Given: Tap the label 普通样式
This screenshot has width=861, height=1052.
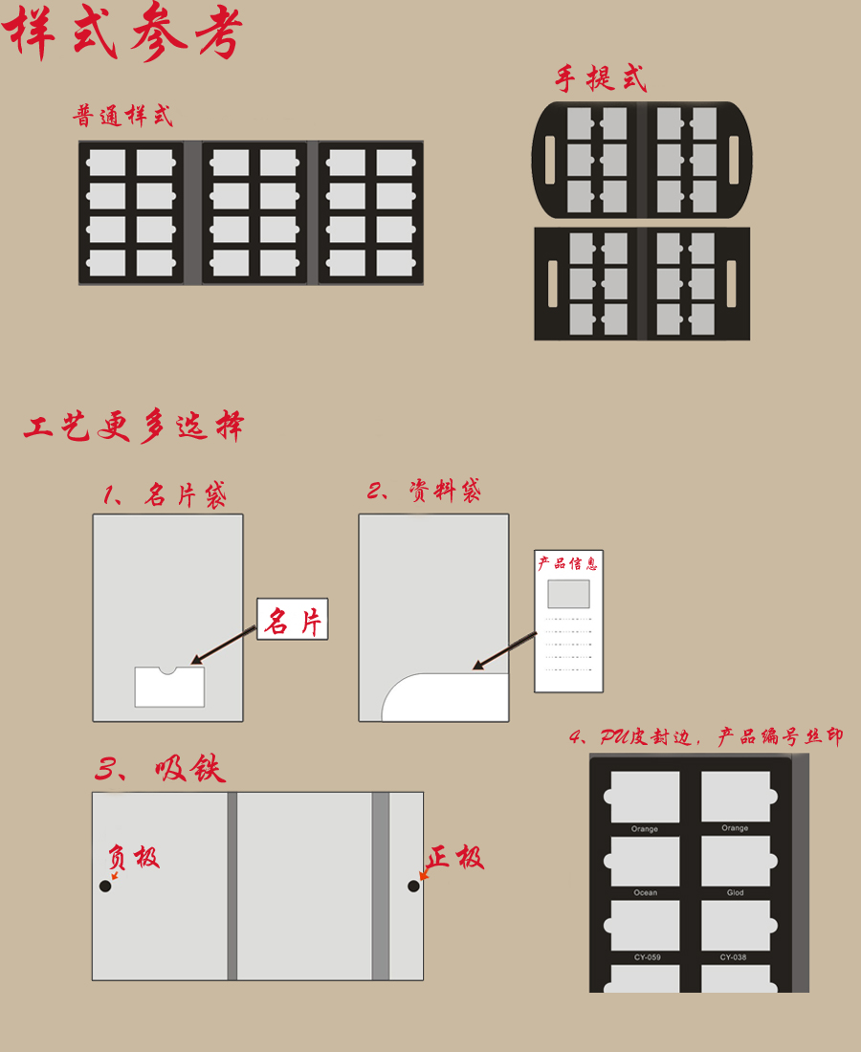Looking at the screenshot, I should (x=123, y=117).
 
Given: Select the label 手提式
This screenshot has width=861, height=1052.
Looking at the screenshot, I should (x=601, y=78).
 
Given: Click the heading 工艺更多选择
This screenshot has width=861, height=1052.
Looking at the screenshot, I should (x=134, y=427).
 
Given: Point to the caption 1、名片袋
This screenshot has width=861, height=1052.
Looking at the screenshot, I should (x=165, y=494).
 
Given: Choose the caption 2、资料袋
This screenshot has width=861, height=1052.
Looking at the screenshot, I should (x=424, y=491).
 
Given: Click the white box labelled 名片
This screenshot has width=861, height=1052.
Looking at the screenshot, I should (x=292, y=620).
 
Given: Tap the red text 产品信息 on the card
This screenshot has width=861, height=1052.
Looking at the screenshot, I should (x=567, y=563).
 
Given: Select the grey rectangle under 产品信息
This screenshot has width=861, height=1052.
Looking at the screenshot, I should (x=568, y=594).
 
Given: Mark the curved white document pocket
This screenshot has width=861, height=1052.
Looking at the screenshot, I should (x=445, y=698).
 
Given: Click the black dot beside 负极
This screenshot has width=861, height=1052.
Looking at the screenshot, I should (x=105, y=887).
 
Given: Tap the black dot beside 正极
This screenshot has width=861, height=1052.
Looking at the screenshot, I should (x=413, y=887).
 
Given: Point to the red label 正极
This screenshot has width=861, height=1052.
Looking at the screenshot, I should (x=455, y=857).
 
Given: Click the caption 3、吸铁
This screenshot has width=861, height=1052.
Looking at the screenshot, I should (x=160, y=769).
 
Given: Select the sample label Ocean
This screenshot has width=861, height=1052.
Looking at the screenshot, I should (x=645, y=893).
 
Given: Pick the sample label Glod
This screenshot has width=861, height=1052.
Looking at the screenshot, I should (x=735, y=893).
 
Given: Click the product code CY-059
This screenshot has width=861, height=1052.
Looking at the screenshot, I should (x=645, y=957).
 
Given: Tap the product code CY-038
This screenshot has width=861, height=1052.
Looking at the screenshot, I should (x=735, y=957).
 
